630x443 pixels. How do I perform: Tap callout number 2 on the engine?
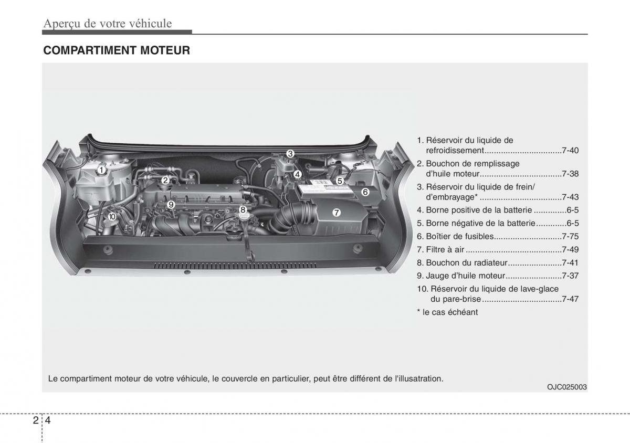(165, 180)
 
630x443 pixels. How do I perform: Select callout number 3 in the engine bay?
(290, 153)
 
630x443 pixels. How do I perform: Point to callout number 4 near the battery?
(297, 174)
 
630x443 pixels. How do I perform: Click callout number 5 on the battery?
(340, 181)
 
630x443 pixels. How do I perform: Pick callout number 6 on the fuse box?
(365, 192)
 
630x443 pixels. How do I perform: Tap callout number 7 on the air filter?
(337, 213)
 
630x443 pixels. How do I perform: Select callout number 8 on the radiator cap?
(243, 210)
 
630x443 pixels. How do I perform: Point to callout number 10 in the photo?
(111, 216)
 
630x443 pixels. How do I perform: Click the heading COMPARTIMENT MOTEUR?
(116, 50)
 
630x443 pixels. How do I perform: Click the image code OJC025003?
(566, 387)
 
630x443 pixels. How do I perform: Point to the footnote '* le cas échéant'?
(447, 312)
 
